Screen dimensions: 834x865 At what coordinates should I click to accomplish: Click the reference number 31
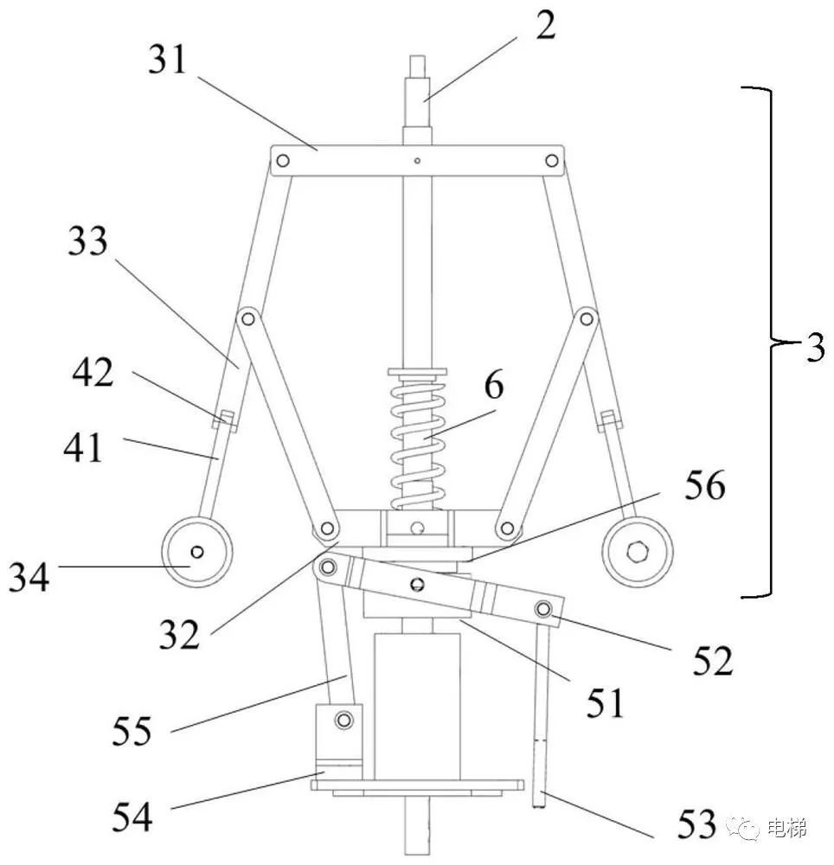(168, 60)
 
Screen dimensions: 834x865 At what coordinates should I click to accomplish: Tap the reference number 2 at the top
(545, 25)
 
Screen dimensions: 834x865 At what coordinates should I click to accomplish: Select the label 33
(87, 241)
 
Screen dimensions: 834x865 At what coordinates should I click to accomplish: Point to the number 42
(93, 372)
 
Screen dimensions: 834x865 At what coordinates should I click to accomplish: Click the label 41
(83, 447)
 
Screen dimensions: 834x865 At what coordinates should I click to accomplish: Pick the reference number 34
(29, 576)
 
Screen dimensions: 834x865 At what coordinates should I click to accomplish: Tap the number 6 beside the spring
(494, 385)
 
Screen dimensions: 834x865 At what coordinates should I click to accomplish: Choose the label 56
(705, 485)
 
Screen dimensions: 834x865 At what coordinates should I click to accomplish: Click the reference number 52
(713, 660)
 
